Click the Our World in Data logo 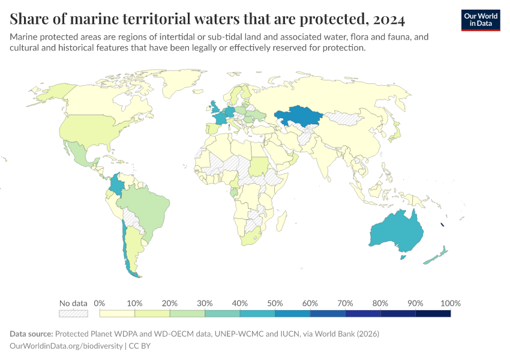click(x=480, y=20)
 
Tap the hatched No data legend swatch click(x=73, y=313)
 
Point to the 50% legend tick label click(x=275, y=303)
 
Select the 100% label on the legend click(x=450, y=303)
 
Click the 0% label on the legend click(x=100, y=303)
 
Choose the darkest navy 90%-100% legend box click(x=433, y=313)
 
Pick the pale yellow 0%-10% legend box click(x=117, y=313)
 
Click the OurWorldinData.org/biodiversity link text click(x=66, y=346)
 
